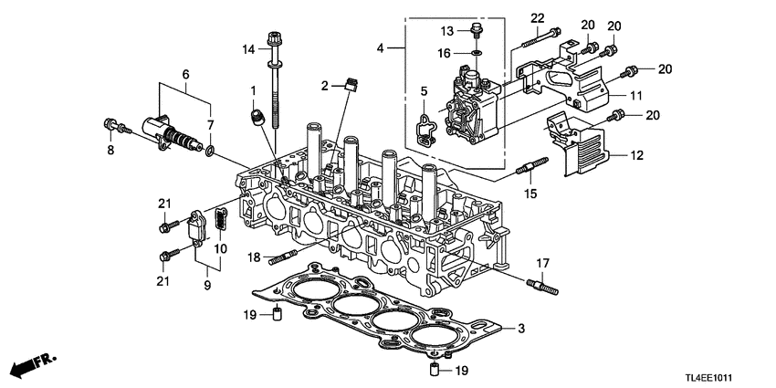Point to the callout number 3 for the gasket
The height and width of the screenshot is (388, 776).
521,328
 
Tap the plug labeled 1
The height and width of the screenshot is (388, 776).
258,116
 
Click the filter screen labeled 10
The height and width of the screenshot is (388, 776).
220,223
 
